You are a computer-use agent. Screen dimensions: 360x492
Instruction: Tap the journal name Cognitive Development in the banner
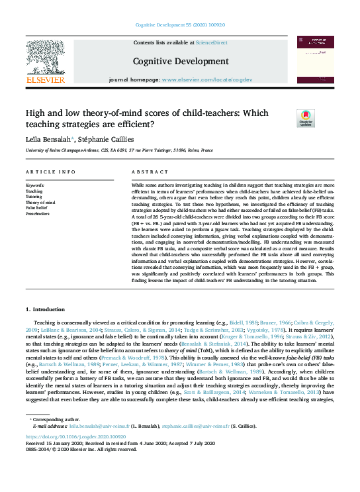point(180,62)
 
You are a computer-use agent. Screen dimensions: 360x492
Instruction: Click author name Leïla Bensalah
point(47,140)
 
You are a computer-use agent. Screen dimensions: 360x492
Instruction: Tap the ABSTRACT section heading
point(146,172)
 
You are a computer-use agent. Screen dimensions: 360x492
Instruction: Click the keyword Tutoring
point(34,196)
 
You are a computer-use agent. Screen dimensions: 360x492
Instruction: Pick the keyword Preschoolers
point(38,213)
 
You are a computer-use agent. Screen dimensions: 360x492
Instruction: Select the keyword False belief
point(36,207)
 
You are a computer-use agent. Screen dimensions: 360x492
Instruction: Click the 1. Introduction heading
point(46,309)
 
